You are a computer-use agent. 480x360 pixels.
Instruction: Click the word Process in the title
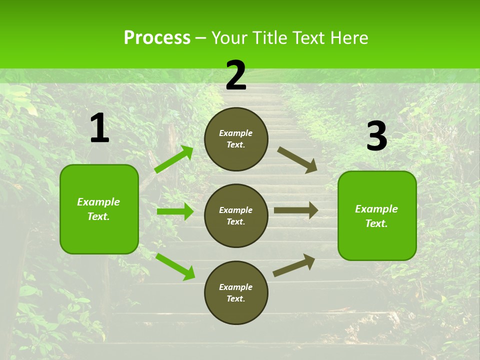point(157,38)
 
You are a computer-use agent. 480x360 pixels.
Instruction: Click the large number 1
point(99,128)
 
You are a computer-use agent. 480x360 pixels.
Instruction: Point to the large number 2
point(236,75)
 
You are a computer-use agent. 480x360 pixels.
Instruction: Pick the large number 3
point(376,136)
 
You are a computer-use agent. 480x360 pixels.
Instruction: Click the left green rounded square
point(99,209)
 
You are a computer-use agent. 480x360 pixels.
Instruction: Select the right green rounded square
point(377,215)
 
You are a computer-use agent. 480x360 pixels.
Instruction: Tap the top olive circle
point(236,139)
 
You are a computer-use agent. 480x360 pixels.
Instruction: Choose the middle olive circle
point(236,215)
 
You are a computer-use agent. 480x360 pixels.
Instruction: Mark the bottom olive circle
point(236,292)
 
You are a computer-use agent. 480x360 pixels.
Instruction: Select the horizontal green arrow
point(175,211)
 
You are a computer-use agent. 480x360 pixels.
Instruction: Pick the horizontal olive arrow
point(296,210)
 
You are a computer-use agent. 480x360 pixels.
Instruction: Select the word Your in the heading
point(230,38)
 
